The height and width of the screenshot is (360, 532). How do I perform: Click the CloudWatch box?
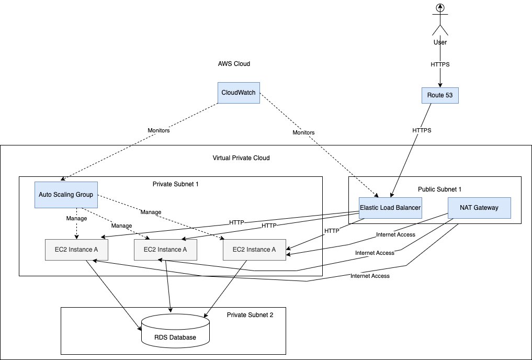tap(239, 93)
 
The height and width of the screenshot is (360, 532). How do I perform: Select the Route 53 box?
tap(440, 95)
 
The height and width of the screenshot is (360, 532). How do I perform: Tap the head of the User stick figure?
tap(440, 8)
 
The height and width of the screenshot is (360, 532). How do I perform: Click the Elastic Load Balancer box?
tap(390, 208)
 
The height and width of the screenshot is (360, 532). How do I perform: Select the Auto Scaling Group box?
tap(66, 194)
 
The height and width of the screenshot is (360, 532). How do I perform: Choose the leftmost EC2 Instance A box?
tap(77, 250)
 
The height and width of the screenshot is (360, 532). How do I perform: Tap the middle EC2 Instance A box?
tap(166, 250)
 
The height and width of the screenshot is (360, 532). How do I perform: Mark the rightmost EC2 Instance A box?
tap(255, 250)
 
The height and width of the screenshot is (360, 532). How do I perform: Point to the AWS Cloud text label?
tap(234, 64)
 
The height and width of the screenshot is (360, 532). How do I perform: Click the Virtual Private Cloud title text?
tap(241, 158)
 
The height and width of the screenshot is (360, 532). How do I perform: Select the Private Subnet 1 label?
tap(176, 184)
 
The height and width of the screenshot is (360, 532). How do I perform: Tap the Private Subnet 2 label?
tap(250, 315)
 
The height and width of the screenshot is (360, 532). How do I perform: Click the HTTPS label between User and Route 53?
tap(440, 64)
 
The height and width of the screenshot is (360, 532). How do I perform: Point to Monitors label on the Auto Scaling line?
tap(158, 131)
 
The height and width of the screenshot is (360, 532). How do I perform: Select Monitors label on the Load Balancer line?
tap(303, 133)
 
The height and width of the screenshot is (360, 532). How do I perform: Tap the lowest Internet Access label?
tap(370, 276)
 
